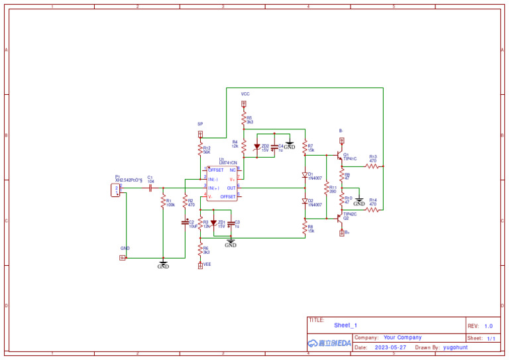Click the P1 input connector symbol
coord(116,190)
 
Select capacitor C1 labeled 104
coord(150,188)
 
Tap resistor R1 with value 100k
coord(162,202)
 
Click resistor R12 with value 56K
coord(200,150)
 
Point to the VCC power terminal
coord(243,103)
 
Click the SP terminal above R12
coord(200,133)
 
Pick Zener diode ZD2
coord(257,147)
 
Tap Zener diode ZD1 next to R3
coord(213,223)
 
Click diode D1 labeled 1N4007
coord(305,176)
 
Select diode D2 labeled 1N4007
coord(305,201)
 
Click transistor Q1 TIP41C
coord(340,157)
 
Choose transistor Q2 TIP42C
coord(340,216)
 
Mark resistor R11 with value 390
coord(325,189)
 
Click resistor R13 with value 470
coord(372,166)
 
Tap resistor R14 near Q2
coord(372,210)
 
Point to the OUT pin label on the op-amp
coord(231,188)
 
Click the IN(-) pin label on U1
coord(213,180)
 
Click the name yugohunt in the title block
coord(457,347)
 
